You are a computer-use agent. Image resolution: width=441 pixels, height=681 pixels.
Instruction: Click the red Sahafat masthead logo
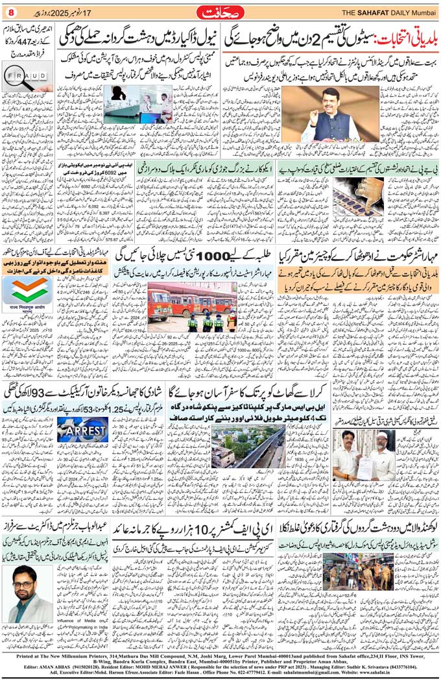[221, 12]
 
